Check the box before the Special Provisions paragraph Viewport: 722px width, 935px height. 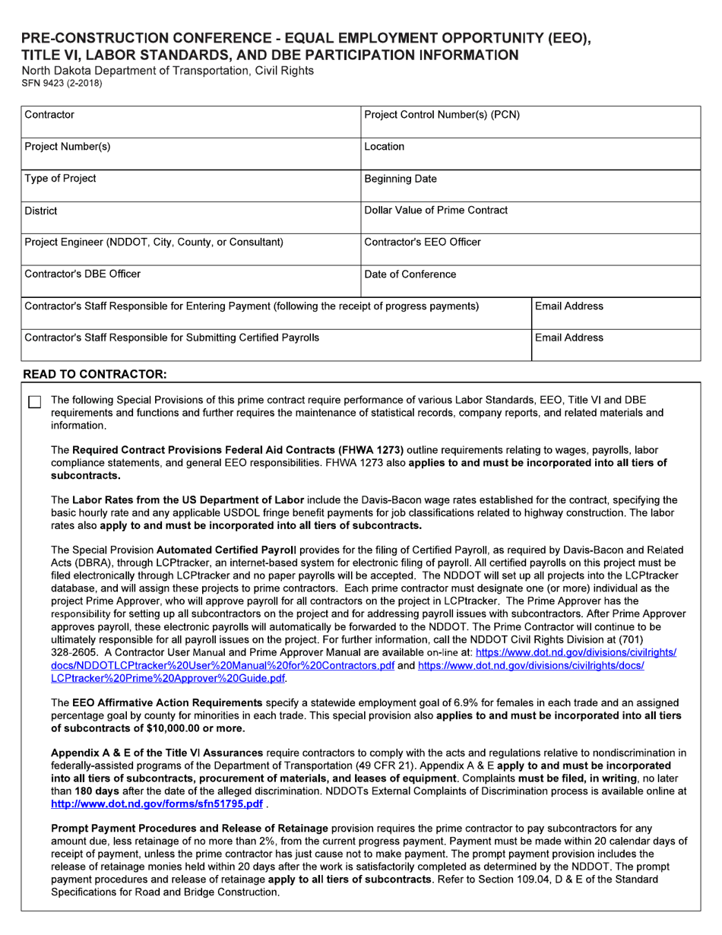coord(34,402)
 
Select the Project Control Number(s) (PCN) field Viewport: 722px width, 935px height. coord(530,122)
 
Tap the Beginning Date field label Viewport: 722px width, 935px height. coord(401,179)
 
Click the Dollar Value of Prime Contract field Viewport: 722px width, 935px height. coord(530,218)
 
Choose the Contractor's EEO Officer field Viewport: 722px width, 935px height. coord(530,250)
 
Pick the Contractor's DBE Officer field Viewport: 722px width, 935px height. coord(190,282)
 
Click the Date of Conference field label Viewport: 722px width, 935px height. coord(410,274)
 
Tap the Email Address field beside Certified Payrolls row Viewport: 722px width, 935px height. coord(615,345)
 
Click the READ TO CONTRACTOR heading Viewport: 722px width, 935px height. coord(94,375)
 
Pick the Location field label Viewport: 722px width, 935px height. coord(385,147)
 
